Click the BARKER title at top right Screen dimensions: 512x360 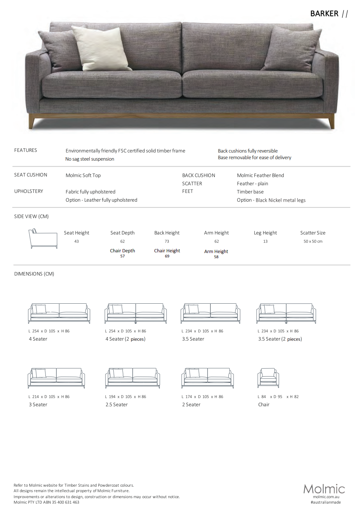[324, 14]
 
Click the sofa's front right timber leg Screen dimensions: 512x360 [331, 121]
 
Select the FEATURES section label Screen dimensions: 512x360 [26, 150]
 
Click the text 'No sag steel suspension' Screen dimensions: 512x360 [90, 159]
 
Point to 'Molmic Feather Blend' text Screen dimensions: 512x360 [260, 175]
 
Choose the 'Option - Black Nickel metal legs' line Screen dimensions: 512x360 [271, 200]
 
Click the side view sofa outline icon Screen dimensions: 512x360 [43, 239]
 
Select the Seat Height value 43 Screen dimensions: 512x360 [77, 241]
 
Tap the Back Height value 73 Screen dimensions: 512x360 [167, 241]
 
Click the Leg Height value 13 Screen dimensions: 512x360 [265, 241]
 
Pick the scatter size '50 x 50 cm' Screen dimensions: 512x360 [313, 241]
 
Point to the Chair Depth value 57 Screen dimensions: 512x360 [122, 256]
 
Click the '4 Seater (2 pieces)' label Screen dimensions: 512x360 [125, 339]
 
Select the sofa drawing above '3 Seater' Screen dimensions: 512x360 [56, 378]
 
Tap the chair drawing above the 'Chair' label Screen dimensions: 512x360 [268, 378]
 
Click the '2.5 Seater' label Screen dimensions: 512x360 [117, 405]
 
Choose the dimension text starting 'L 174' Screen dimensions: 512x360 [202, 397]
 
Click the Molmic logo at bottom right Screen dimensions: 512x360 [324, 489]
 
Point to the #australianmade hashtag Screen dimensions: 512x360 [326, 502]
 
